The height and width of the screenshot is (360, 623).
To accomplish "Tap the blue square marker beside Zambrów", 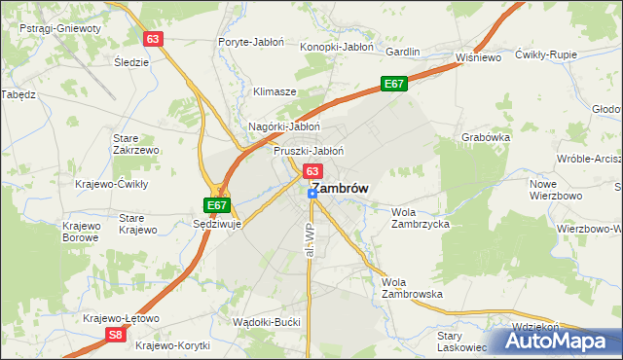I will point(311,194).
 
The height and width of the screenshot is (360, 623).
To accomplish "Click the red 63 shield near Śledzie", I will point(151,39).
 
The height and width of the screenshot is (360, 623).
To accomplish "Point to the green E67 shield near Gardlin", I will point(393,85).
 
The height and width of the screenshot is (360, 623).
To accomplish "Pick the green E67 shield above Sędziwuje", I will point(216,205).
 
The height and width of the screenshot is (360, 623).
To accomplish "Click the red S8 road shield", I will point(116,334).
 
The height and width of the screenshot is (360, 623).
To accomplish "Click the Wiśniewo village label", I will point(478,57).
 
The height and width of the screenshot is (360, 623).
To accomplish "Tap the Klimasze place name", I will point(275,91).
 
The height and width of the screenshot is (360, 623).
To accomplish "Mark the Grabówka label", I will point(486,137).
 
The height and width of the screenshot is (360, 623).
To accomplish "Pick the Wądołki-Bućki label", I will point(265,321).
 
